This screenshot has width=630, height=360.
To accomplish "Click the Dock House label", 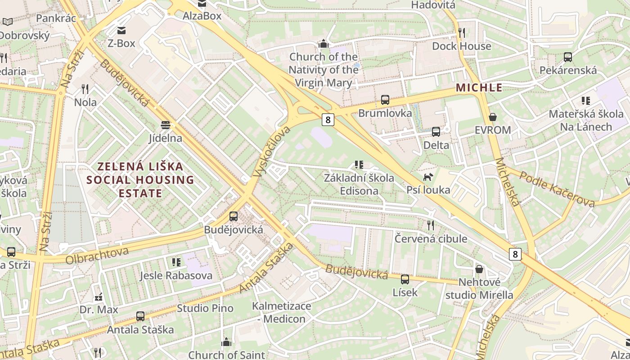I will pos(461,46).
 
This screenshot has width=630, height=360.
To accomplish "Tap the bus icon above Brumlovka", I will pos(385,100).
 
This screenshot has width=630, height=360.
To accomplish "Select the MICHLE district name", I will pos(479,88).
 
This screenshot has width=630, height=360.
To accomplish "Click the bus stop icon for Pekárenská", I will pos(568,57).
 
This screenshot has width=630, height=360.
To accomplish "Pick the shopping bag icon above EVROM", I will pos(493,117).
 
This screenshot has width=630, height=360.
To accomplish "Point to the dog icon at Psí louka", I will pos(428,177).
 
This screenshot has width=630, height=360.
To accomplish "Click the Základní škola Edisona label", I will pos(359,184).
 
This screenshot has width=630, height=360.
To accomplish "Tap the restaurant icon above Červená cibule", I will pos(431,225).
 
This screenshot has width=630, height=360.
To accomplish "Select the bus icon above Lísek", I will pos(405,279).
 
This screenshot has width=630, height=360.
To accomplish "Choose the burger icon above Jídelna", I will pos(166,125).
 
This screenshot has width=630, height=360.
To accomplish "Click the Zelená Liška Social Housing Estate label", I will pos(140,180).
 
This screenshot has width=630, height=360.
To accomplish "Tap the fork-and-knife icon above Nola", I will pos(85,89).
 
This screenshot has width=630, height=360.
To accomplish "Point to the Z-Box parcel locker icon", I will pos(121,31).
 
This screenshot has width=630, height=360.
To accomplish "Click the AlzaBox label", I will pos(202,16).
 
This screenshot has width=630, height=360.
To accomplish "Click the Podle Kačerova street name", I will pos(557,189).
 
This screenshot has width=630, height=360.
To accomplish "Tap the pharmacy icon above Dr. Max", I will pos(99,297).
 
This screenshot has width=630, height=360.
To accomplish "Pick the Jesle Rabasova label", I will pos(176,275).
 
